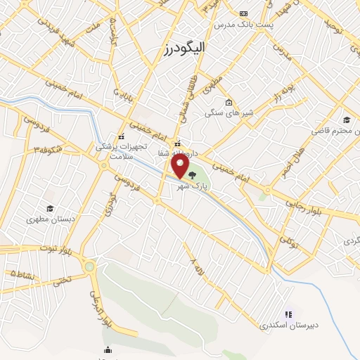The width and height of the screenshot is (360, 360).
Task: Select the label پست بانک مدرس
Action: tap(243, 24)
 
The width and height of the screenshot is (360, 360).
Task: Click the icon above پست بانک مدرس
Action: tap(243, 13)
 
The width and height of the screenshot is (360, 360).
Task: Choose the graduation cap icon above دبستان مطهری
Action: tap(50, 208)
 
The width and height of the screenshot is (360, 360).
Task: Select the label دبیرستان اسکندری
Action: tap(288, 326)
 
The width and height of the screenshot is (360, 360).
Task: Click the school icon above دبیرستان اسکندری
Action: tap(288, 314)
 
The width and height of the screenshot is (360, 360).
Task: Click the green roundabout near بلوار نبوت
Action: tap(89, 266)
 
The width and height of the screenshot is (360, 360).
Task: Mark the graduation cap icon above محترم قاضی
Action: tap(346, 120)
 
